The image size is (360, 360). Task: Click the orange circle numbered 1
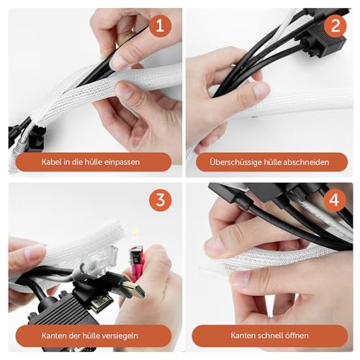coord(161,26)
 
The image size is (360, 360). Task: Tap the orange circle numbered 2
coord(336,26)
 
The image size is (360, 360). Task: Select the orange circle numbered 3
coord(161,200)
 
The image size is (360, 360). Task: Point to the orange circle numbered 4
coord(335,200)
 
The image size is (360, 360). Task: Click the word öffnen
coord(297,336)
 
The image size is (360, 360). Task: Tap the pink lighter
coord(135,264)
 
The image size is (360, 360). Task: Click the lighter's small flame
coord(135,233)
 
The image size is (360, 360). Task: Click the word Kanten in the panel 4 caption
coord(240,336)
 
